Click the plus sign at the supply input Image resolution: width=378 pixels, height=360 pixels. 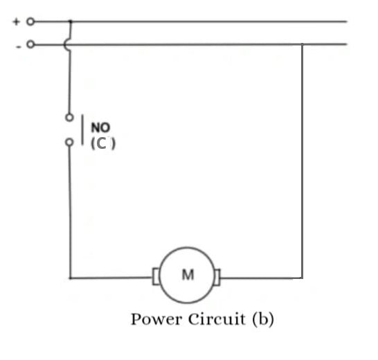(16, 21)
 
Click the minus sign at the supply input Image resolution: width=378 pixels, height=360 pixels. (17, 45)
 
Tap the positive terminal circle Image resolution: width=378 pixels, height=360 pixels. (30, 21)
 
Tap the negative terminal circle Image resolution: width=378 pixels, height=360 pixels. (30, 45)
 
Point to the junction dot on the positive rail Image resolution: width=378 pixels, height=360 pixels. (70, 21)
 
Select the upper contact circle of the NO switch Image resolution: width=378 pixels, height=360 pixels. (69, 118)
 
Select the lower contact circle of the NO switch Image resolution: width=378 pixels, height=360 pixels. (69, 142)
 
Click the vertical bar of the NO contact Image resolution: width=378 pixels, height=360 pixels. (83, 129)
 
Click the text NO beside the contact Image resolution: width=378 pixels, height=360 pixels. (100, 128)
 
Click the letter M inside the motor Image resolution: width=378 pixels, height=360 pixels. (188, 275)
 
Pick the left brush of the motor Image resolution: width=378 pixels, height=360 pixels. (156, 278)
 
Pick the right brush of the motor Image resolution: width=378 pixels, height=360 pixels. (218, 278)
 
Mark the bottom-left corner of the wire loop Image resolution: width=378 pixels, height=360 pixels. (70, 278)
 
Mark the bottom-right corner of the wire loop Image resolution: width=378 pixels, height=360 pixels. (302, 278)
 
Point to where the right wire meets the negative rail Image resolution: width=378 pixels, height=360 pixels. (302, 45)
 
